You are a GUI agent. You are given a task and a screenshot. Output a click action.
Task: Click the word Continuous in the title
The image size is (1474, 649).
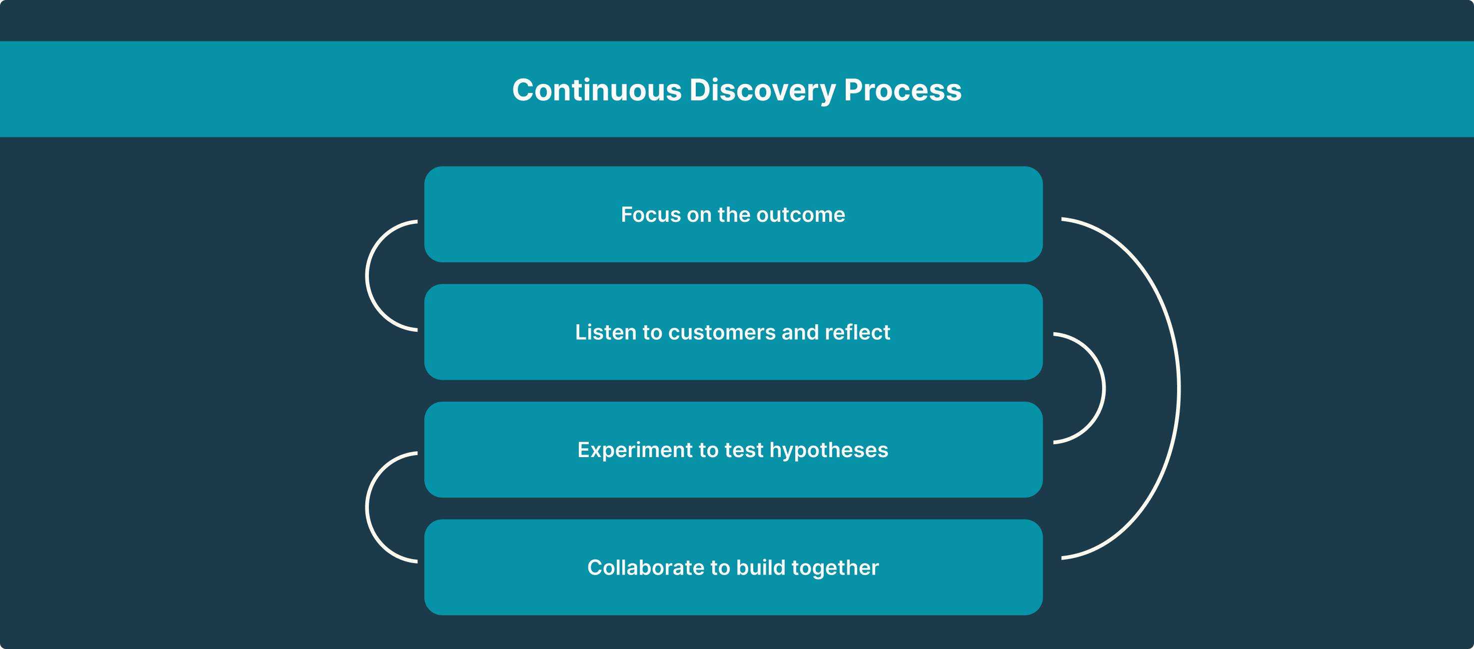coord(597,90)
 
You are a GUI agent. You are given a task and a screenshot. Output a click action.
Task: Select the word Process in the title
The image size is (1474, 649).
coord(903,90)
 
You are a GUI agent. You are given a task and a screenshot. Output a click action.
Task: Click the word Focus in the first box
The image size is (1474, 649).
coord(651,214)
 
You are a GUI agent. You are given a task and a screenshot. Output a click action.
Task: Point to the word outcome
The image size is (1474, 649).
coord(801,215)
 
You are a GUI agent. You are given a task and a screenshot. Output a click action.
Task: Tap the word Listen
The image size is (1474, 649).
coord(606,332)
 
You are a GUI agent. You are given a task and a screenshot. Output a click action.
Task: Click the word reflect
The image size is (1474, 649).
coord(858,332)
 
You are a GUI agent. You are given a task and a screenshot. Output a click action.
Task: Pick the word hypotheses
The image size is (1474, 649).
coord(829,451)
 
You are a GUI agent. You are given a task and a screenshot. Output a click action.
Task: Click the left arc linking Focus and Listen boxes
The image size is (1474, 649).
coord(367,276)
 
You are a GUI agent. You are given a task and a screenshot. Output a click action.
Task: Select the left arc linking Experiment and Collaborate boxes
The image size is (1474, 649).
coord(367,507)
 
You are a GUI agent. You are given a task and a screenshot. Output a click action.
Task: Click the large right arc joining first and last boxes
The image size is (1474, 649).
coord(1178,388)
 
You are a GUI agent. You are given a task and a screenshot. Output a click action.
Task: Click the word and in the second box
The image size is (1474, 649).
coord(801,332)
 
